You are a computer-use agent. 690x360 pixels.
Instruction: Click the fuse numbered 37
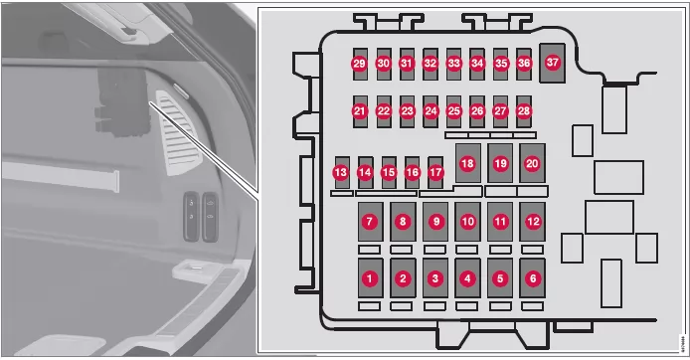[552, 63]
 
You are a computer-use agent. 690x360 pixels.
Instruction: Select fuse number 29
[360, 64]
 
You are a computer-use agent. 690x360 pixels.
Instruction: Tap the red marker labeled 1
[370, 278]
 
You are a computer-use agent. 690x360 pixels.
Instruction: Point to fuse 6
[533, 278]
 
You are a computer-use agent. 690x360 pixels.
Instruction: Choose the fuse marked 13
[342, 172]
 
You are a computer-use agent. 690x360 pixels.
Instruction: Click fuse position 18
[467, 163]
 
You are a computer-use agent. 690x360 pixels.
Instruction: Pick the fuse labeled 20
[533, 163]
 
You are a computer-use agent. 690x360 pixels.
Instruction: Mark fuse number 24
[431, 111]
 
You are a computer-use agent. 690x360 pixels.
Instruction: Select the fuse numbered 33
[453, 64]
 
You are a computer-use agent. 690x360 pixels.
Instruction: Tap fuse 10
[467, 222]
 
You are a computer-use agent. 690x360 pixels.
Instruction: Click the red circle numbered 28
[524, 111]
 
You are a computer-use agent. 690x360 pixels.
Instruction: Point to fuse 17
[435, 172]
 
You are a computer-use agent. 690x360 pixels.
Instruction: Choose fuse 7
[370, 222]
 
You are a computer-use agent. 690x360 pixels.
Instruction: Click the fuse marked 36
[524, 64]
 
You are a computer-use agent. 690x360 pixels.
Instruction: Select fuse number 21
[360, 111]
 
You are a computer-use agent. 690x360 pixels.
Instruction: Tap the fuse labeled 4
[467, 278]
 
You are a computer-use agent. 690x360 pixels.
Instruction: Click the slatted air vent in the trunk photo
[178, 132]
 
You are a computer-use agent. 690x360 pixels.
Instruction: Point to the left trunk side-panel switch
[192, 216]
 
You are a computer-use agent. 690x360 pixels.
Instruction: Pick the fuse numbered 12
[533, 222]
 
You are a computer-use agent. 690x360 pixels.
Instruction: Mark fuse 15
[389, 172]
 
